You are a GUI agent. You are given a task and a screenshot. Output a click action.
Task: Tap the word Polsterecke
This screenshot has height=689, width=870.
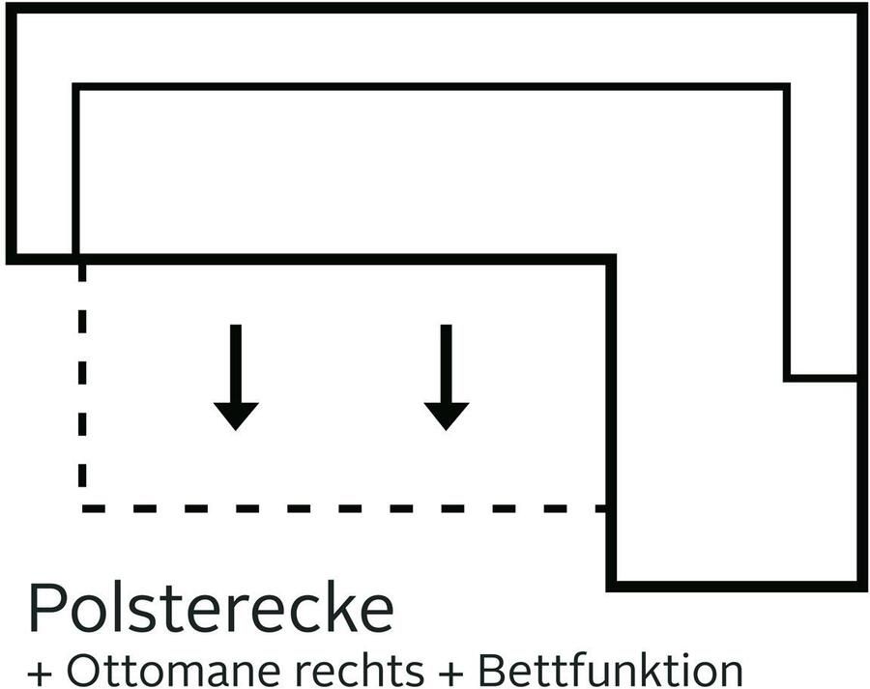click(211, 608)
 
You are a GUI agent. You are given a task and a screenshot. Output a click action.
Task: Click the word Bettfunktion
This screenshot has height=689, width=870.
click(610, 670)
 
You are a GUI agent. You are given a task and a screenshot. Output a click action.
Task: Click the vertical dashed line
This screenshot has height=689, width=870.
click(83, 387)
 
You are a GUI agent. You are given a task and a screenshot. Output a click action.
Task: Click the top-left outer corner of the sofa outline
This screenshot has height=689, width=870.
click(11, 9)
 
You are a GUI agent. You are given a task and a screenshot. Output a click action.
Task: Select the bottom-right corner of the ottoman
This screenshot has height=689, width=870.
click(861, 585)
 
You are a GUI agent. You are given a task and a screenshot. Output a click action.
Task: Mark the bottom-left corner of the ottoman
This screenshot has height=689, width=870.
click(612, 585)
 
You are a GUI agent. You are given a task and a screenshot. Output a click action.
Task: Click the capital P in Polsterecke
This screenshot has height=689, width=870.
click(46, 608)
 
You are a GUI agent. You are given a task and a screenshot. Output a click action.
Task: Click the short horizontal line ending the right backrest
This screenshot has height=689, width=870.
click(823, 377)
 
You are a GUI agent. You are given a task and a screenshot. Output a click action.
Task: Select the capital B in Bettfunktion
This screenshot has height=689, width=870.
click(490, 670)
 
